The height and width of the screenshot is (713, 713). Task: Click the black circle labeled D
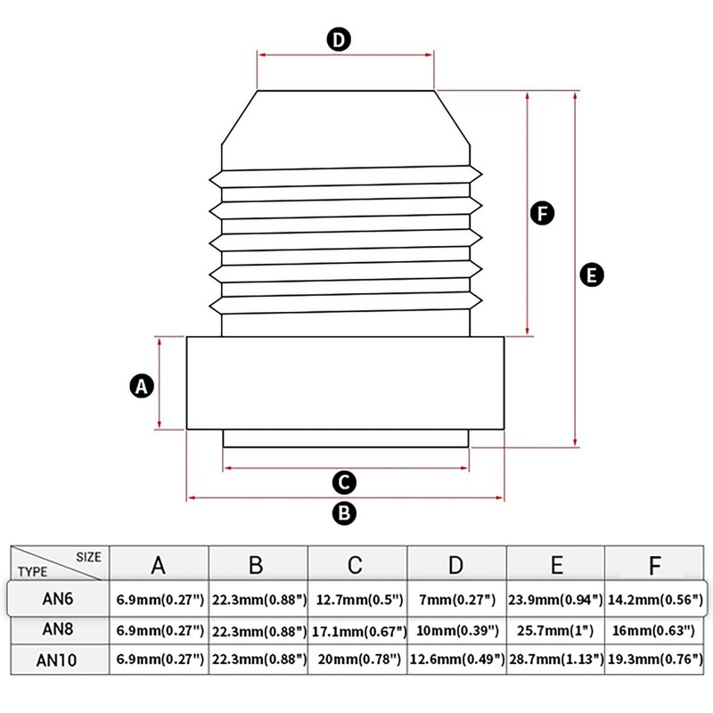pos(339,40)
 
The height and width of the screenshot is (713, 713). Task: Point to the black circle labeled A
pos(141,386)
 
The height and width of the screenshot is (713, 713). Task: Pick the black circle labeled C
pos(344,483)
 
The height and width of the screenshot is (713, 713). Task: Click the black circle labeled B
pos(344,512)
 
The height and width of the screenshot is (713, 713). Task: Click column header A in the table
pos(158,565)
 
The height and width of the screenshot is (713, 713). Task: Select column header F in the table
pos(655,565)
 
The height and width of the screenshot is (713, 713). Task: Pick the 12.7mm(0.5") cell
pos(356,599)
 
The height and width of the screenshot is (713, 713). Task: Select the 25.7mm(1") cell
pos(555,630)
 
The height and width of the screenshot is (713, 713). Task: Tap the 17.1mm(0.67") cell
pos(356,630)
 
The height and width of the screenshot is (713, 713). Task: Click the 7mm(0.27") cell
pos(455,599)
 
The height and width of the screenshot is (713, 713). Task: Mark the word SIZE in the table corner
pos(88,556)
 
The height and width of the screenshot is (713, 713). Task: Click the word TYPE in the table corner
pos(33,572)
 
